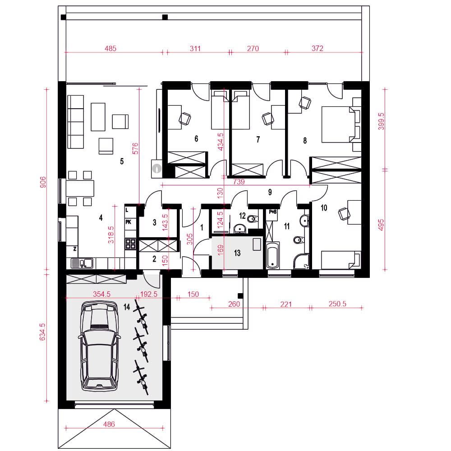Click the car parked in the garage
(99, 346)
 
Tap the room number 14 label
(127, 307)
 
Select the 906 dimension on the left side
(42, 182)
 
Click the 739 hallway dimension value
(239, 182)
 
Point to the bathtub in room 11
(272, 255)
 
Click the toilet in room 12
(253, 219)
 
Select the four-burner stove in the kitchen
(130, 244)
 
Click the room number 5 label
(122, 161)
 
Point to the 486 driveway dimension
(109, 424)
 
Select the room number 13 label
(237, 253)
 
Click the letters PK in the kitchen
(128, 222)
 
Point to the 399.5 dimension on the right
(381, 121)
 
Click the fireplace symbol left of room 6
(157, 168)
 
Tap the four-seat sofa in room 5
(76, 122)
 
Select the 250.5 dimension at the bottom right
(337, 304)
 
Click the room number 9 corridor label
(270, 192)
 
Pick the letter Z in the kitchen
(75, 249)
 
